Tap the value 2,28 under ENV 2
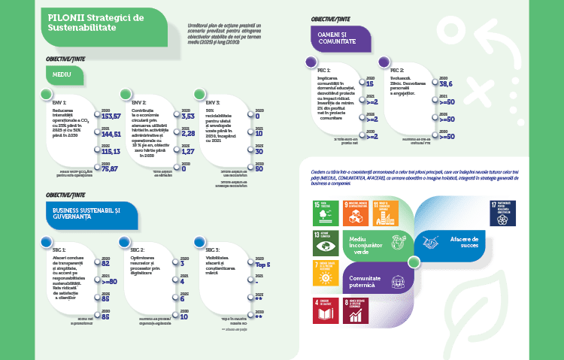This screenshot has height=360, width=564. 188,134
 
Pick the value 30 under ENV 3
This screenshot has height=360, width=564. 258,151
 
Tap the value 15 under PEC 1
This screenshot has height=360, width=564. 370,84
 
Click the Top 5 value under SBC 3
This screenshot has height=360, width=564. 262,265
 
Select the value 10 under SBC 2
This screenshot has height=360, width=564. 184,316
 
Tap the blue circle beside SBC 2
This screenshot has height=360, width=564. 124,241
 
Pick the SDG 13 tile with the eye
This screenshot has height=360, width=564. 324,244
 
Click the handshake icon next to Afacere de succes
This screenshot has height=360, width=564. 431,242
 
